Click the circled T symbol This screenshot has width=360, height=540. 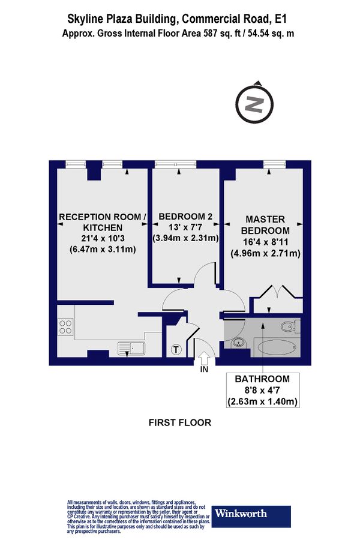(176, 349)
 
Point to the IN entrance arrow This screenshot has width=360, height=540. (203, 358)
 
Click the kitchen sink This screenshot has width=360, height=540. (131, 346)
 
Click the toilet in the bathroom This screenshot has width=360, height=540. (288, 327)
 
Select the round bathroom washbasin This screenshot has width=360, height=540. (238, 343)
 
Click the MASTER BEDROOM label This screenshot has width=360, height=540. (265, 225)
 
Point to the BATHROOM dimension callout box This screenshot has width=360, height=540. (263, 390)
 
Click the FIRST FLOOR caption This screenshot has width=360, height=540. (180, 422)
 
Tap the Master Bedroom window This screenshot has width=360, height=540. (274, 163)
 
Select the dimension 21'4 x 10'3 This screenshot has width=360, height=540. (101, 238)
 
